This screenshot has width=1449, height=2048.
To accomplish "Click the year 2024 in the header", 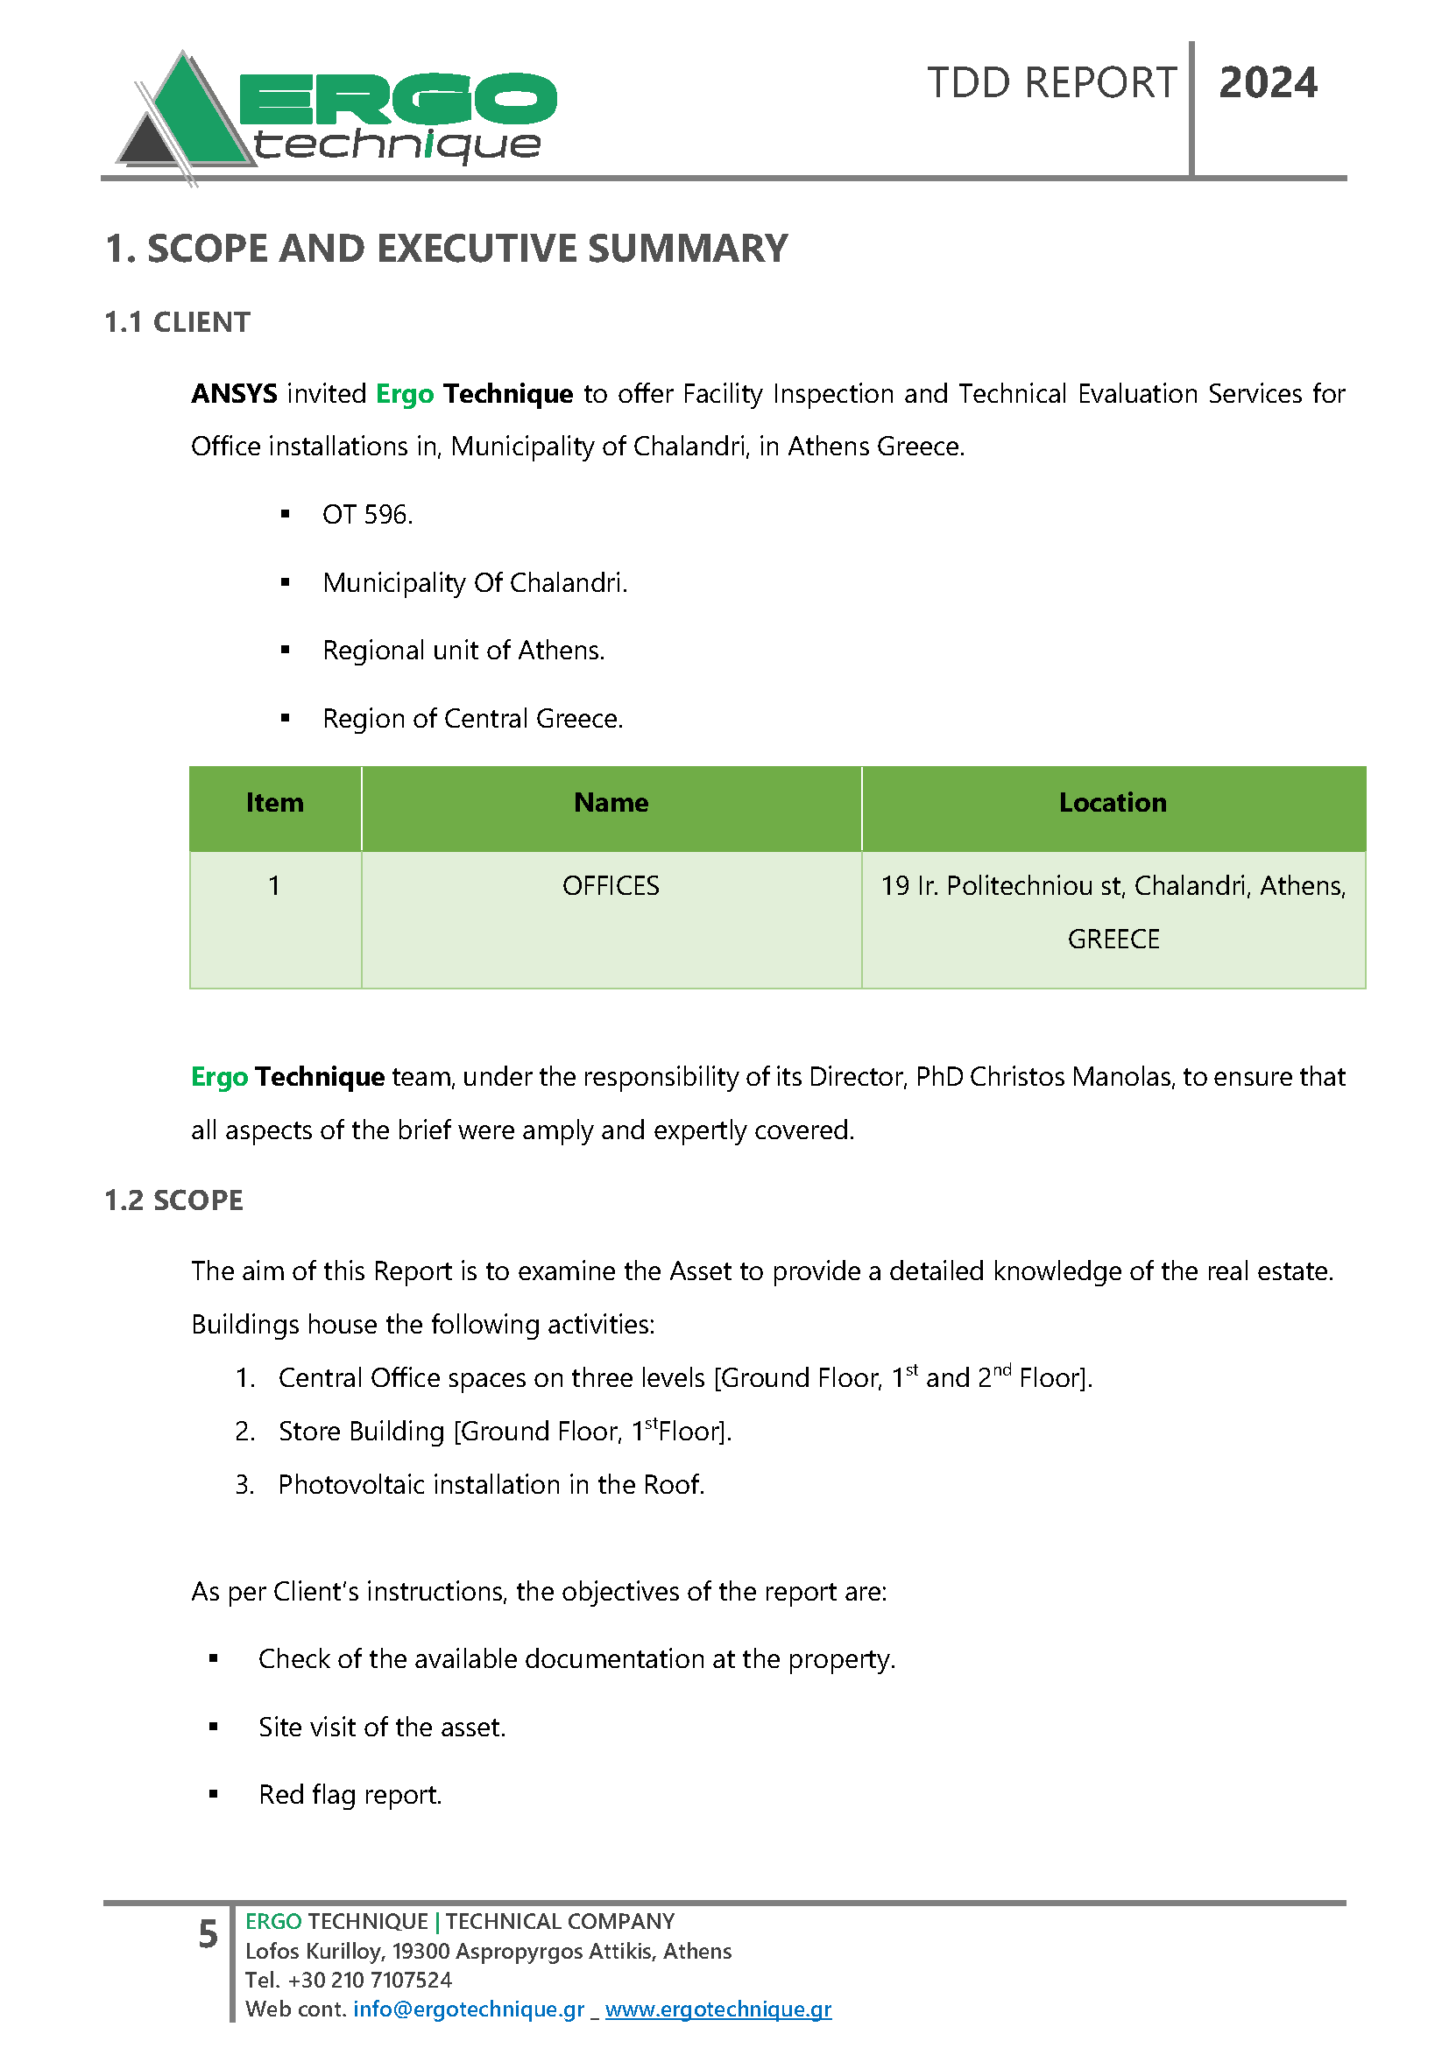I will (x=1267, y=84).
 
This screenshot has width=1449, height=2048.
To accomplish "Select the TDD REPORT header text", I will (x=1051, y=84).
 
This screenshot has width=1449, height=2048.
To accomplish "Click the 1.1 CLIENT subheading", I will (x=178, y=322).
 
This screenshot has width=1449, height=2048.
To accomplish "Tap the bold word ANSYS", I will (x=234, y=393).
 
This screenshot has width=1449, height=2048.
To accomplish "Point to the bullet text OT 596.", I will (x=367, y=515).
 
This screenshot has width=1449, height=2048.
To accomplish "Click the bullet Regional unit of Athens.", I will (x=463, y=651).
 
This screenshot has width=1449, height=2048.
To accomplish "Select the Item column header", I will (x=275, y=803).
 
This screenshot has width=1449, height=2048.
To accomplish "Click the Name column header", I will (x=611, y=803).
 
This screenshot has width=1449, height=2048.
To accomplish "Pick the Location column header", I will (x=1113, y=803).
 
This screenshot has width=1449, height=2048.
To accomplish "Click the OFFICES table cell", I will (x=611, y=886).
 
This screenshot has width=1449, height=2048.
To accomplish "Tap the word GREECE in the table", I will (x=1113, y=940).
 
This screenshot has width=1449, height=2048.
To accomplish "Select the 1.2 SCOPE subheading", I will (x=174, y=1200).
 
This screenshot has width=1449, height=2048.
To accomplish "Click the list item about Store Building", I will (x=504, y=1432).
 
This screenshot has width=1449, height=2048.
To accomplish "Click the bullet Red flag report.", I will (x=350, y=1795).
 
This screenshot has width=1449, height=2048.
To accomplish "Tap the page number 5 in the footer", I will (x=208, y=1934).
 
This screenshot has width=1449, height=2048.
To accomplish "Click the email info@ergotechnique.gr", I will (x=469, y=2009).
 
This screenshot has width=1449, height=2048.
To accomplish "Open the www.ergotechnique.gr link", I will (x=718, y=2009).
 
